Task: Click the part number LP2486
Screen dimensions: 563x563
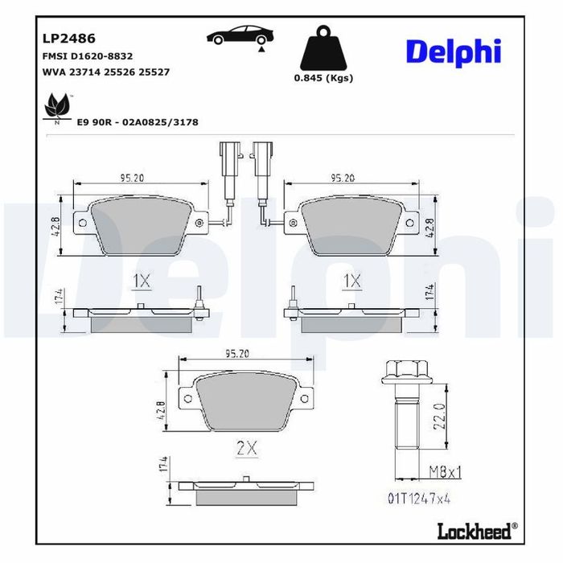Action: click(x=69, y=39)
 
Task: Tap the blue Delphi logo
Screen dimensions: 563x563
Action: click(x=454, y=52)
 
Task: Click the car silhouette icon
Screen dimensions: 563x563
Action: click(x=240, y=35)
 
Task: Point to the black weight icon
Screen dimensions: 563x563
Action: click(x=323, y=47)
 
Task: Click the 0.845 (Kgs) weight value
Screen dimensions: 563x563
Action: click(x=323, y=78)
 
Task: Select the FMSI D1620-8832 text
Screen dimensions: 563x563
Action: click(x=88, y=56)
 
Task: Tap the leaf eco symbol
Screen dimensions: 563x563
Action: click(x=57, y=106)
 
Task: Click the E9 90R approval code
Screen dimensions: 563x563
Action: click(x=138, y=122)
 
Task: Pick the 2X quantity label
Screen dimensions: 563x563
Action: click(x=247, y=448)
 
